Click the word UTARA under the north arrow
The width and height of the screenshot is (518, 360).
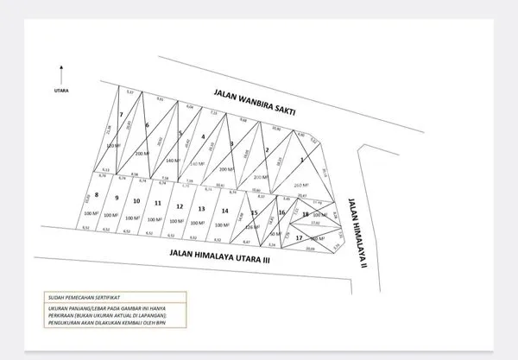tap(61, 87)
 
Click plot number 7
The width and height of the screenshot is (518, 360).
tap(121, 115)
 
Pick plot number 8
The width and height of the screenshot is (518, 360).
tap(97, 195)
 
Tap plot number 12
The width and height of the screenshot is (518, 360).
tap(179, 206)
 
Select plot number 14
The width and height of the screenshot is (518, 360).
tap(224, 211)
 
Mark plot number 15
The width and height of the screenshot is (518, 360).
tap(254, 212)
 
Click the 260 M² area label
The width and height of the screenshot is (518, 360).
tap(300, 185)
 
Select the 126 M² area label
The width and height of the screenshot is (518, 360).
tap(252, 226)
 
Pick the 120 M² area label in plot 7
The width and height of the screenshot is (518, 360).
tap(111, 146)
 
